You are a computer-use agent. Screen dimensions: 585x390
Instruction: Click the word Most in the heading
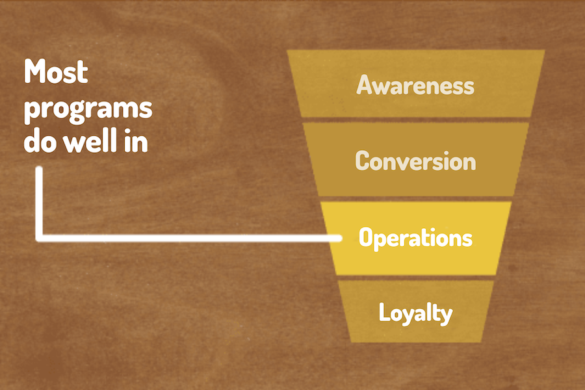point(56,71)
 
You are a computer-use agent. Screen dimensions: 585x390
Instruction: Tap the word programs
point(88,110)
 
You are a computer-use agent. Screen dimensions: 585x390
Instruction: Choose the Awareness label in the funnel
point(415,84)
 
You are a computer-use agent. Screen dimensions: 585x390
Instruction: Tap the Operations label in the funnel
point(415,238)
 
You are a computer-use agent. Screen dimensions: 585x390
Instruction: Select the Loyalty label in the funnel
point(415,313)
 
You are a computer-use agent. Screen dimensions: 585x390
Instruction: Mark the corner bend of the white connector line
point(39,238)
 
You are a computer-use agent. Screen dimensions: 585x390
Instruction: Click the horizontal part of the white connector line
point(188,238)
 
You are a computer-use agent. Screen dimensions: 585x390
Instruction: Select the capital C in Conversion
point(363,161)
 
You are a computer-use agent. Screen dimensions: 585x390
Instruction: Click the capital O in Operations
point(367,237)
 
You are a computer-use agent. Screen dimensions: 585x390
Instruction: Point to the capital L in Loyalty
point(385,311)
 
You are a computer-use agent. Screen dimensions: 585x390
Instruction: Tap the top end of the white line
point(39,170)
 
